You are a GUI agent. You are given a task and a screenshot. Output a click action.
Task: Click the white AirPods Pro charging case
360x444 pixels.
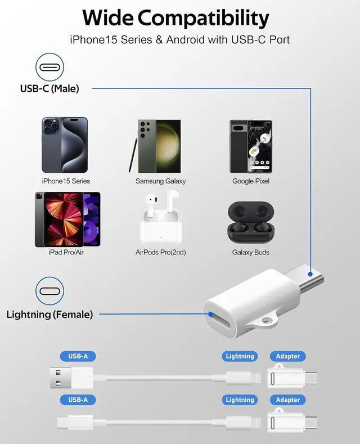tap(160, 228)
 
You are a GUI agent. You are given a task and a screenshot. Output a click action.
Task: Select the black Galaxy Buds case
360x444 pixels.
tap(251, 223)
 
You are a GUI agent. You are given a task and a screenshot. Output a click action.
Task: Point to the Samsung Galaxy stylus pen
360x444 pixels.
tap(133, 155)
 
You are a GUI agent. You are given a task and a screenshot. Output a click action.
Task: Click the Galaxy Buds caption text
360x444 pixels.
tap(251, 252)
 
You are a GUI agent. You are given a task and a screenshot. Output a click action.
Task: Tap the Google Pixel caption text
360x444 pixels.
tap(251, 181)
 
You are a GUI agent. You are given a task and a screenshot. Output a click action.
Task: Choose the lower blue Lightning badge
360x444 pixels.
tap(240, 400)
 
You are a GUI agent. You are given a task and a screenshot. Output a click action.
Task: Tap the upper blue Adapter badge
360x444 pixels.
tap(288, 356)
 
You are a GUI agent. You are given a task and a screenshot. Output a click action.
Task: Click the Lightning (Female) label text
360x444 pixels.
tap(49, 315)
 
